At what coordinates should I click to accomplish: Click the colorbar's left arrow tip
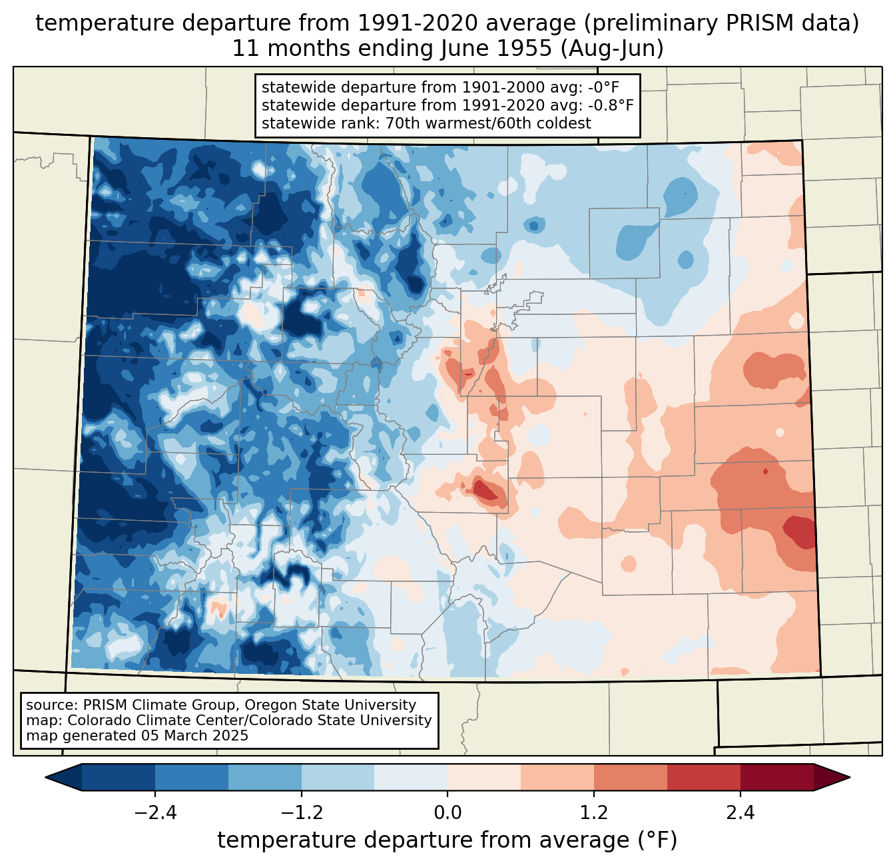pos(45,778)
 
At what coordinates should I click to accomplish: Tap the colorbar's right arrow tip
pos(850,778)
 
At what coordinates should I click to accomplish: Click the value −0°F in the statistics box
pos(603,87)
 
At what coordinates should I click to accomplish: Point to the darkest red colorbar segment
pos(777,778)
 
